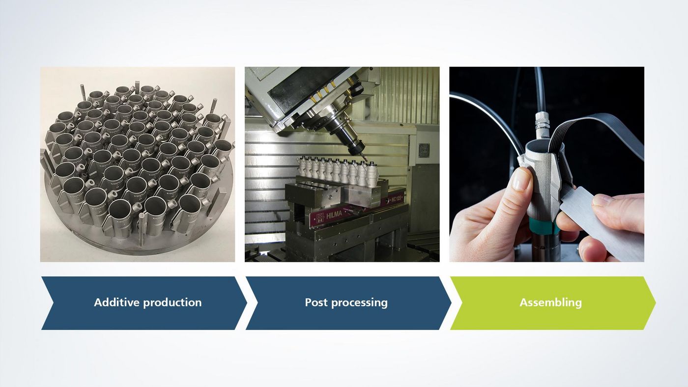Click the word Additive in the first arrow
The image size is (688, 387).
(x=117, y=303)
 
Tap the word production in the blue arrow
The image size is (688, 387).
(x=172, y=303)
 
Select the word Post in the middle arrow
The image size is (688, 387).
(x=316, y=303)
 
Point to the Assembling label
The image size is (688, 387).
(x=551, y=303)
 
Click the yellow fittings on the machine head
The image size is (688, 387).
(x=322, y=90)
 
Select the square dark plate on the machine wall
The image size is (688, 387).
(x=424, y=151)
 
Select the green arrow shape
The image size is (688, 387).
(x=553, y=303)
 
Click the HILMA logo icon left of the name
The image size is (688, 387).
(x=320, y=217)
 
